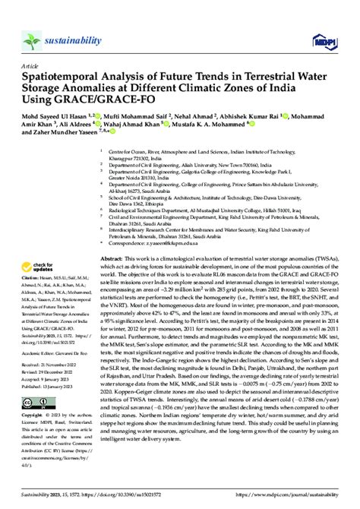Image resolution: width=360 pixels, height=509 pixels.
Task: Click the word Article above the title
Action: click(30, 67)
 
